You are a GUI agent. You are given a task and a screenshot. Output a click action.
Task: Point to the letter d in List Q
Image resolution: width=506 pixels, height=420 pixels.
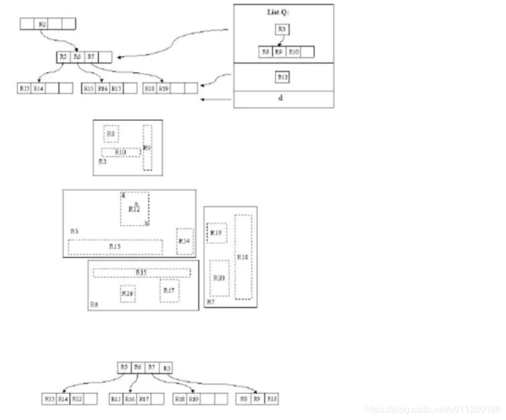(x=281, y=98)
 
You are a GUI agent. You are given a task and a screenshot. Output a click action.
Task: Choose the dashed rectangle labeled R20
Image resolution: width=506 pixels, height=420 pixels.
(x=219, y=278)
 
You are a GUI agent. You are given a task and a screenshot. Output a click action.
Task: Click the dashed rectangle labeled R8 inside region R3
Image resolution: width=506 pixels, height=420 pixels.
(x=111, y=133)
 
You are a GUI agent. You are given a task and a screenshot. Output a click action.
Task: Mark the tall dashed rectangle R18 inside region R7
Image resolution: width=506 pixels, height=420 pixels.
(x=243, y=257)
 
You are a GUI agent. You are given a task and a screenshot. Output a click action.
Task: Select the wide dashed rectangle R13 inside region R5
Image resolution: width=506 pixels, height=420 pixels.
(x=115, y=247)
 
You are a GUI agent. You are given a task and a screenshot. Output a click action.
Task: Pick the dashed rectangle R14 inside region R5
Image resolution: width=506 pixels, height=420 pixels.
(x=185, y=240)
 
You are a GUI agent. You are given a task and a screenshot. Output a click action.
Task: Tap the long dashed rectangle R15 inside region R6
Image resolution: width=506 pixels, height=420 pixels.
(x=142, y=272)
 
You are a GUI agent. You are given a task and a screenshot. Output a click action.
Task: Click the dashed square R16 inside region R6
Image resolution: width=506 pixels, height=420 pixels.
(x=128, y=293)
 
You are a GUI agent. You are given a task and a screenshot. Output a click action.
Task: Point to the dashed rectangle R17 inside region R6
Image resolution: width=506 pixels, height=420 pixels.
(x=169, y=291)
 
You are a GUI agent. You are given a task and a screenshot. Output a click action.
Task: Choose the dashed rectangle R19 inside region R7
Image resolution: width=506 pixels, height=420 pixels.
(x=217, y=233)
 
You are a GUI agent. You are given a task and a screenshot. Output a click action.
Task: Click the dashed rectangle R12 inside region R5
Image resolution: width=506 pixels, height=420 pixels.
(x=135, y=209)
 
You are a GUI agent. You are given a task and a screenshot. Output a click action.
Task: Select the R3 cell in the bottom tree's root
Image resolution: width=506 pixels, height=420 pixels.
(x=166, y=368)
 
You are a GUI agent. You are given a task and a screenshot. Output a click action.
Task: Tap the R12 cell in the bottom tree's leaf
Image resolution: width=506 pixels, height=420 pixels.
(x=77, y=399)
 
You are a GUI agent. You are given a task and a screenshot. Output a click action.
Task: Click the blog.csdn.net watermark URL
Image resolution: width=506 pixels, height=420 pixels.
(x=433, y=410)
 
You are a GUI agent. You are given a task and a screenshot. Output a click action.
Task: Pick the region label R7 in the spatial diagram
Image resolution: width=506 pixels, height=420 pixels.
(x=211, y=302)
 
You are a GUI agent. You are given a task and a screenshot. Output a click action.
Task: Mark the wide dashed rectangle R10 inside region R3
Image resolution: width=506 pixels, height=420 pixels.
(x=121, y=152)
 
